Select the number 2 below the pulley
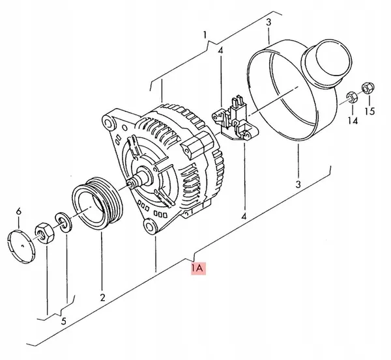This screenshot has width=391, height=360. pos(102,298)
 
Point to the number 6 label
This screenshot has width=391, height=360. pos(18,211)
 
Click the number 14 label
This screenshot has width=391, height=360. pos(353,120)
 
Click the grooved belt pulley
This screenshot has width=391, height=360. pos(95,202)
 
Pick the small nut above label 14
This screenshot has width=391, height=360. pos(349,98)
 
